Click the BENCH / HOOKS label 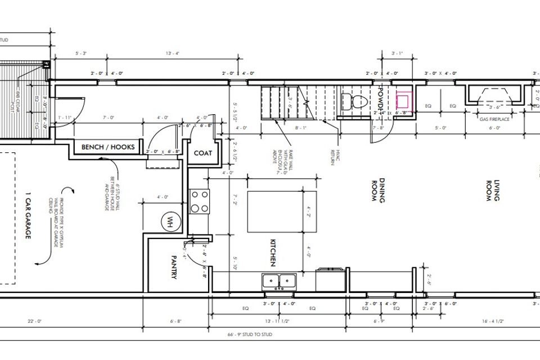[108, 147]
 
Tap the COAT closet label [202, 153]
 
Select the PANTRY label [174, 268]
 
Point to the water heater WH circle [168, 221]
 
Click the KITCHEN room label [272, 253]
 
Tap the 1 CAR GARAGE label [27, 216]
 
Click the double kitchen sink [279, 280]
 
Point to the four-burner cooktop [200, 201]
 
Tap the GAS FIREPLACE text [494, 119]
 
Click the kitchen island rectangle [281, 211]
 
